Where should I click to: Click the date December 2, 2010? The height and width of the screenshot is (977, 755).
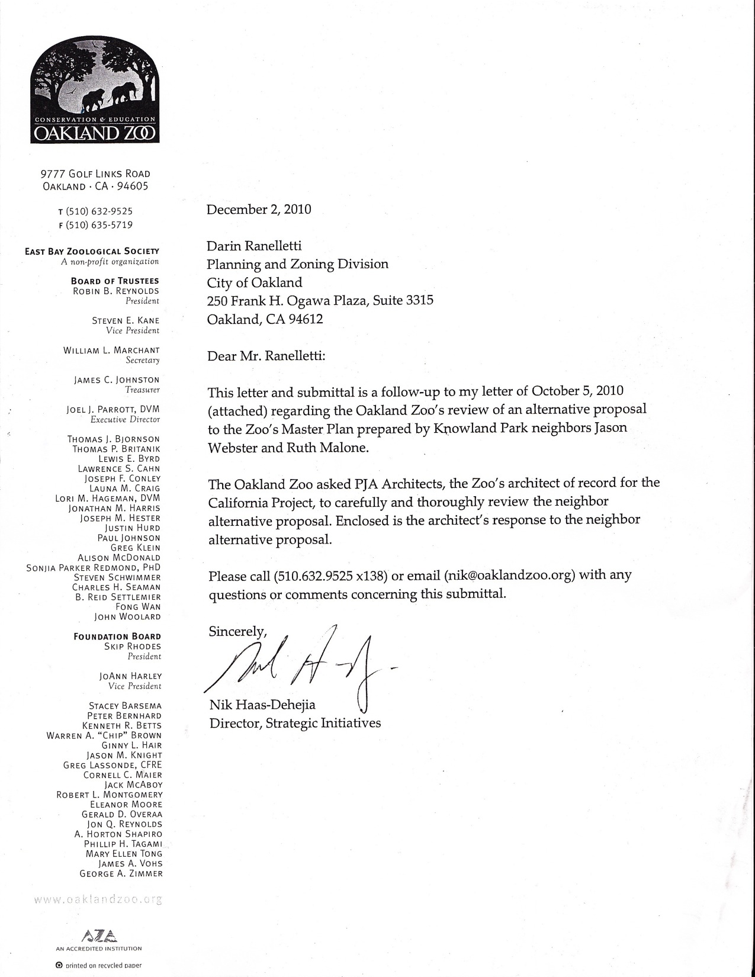point(259,209)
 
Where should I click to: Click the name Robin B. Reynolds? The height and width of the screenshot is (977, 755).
point(116,291)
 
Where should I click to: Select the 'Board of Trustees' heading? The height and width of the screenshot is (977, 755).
point(115,281)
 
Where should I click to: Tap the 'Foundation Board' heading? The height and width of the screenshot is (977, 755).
point(117,637)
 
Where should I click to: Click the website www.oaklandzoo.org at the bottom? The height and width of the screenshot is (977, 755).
point(98,899)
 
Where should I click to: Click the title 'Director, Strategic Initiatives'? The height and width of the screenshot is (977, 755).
point(295,723)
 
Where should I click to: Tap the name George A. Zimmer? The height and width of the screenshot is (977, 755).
point(121,873)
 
